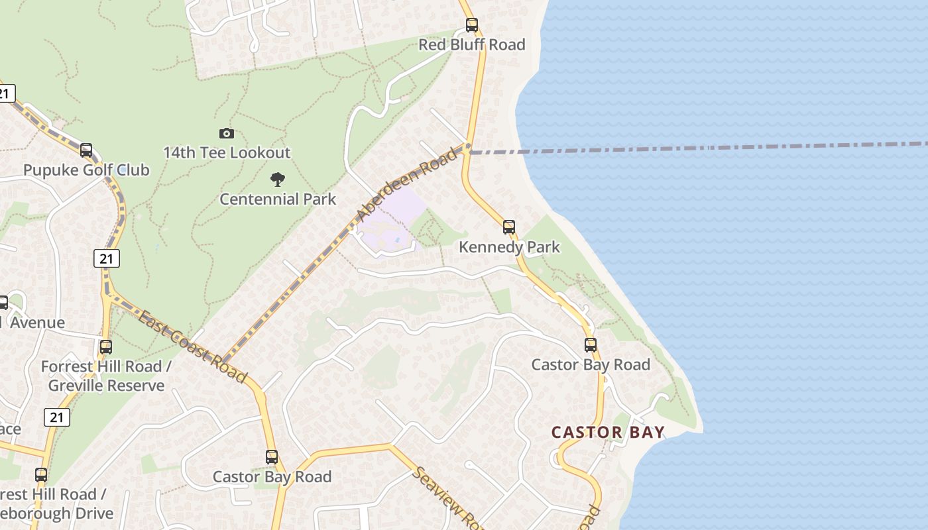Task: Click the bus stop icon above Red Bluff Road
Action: [471, 25]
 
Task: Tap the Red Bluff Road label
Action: [471, 44]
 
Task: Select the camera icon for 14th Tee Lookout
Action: [226, 134]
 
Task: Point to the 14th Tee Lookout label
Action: [227, 152]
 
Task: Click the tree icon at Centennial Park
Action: [278, 179]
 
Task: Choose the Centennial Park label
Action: [278, 199]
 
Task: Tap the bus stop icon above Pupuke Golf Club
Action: [86, 150]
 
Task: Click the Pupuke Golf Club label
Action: [86, 170]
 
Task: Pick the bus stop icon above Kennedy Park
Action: [508, 227]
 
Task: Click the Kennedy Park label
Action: [509, 247]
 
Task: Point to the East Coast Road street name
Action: [192, 346]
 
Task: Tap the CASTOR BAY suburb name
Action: [608, 433]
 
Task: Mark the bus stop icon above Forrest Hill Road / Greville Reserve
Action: [105, 346]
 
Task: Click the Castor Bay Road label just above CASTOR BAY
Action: [591, 364]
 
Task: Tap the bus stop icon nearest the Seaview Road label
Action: [272, 457]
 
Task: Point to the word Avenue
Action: [37, 323]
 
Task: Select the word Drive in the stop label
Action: [89, 513]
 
